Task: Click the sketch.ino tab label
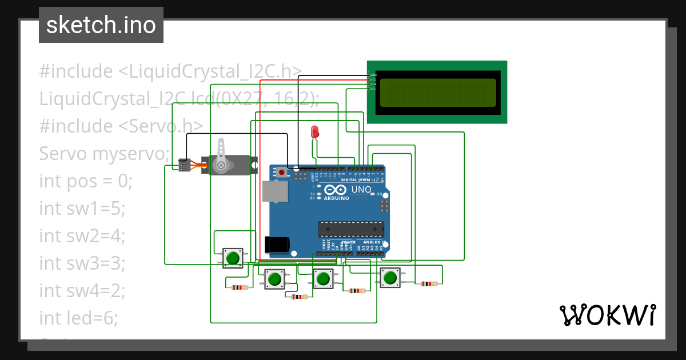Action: [101, 25]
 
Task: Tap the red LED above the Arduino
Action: [314, 132]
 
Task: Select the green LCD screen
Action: [437, 93]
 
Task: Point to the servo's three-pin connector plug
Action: [184, 165]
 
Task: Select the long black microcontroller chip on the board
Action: [351, 229]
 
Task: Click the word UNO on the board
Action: [361, 190]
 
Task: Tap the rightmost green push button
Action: [390, 278]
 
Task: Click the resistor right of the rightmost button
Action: [429, 283]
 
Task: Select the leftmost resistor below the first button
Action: [240, 287]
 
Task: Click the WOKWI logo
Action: [607, 315]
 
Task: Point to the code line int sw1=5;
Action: [82, 209]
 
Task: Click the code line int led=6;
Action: [78, 318]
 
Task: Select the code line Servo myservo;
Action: [105, 154]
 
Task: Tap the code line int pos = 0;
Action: [86, 181]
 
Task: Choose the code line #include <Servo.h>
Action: [121, 126]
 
